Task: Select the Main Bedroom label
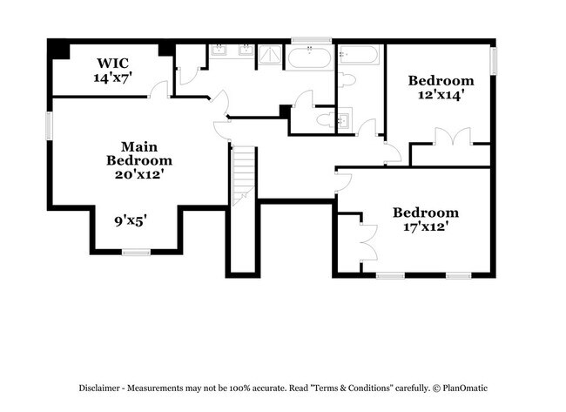pyautogui.click(x=139, y=153)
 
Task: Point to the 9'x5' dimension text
pyautogui.click(x=131, y=220)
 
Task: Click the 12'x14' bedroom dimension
pyautogui.click(x=441, y=95)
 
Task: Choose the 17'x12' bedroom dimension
pyautogui.click(x=425, y=226)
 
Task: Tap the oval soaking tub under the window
pyautogui.click(x=309, y=59)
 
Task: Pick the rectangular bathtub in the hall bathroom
pyautogui.click(x=359, y=57)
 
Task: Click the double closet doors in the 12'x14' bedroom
pyautogui.click(x=447, y=138)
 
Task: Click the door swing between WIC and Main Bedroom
pyautogui.click(x=158, y=89)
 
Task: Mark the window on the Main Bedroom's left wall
pyautogui.click(x=50, y=125)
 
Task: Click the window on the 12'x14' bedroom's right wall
pyautogui.click(x=494, y=61)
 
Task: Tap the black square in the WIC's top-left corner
pyautogui.click(x=58, y=50)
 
